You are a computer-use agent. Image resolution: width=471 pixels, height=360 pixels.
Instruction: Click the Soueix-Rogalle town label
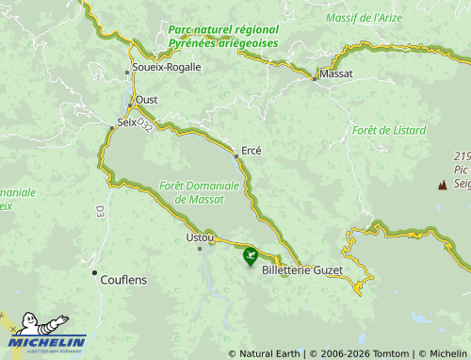(x=167, y=68)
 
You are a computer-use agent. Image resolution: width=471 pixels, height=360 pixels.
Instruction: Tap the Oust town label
(x=147, y=99)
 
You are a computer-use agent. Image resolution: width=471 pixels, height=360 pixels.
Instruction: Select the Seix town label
(x=126, y=123)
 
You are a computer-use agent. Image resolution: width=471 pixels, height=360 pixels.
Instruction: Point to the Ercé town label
(x=252, y=151)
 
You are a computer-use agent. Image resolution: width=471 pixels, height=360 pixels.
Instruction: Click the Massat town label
(x=336, y=73)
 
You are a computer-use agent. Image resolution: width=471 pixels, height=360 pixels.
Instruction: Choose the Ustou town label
(x=201, y=237)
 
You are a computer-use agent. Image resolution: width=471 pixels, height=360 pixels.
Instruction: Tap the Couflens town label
(x=123, y=280)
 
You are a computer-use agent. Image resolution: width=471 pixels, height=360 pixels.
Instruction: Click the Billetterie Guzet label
(x=302, y=270)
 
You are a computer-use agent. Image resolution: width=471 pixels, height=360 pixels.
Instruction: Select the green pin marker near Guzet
(x=251, y=255)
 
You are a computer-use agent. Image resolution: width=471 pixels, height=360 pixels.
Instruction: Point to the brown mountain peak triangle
(x=442, y=185)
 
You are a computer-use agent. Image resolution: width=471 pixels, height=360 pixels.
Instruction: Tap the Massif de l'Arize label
(x=363, y=18)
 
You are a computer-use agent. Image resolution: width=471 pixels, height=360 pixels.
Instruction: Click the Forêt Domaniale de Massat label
(x=199, y=192)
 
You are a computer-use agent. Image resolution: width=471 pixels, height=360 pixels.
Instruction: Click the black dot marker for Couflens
(x=94, y=273)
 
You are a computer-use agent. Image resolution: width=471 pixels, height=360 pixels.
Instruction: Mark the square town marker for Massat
(x=315, y=79)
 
